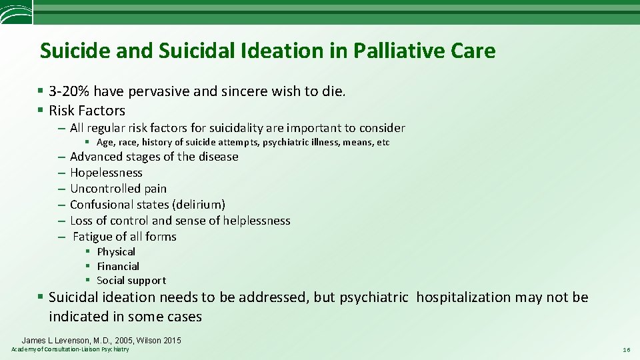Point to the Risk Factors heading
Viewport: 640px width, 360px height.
[x=87, y=111]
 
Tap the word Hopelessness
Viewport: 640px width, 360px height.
[x=106, y=173]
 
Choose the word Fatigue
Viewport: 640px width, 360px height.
[x=92, y=237]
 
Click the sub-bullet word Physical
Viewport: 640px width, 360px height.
[x=116, y=251]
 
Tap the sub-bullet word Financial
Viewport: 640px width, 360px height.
[x=118, y=266]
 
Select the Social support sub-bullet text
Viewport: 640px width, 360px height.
[x=131, y=281]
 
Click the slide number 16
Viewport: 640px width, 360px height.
[x=626, y=349]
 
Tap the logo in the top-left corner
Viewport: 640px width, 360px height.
[x=15, y=12]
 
